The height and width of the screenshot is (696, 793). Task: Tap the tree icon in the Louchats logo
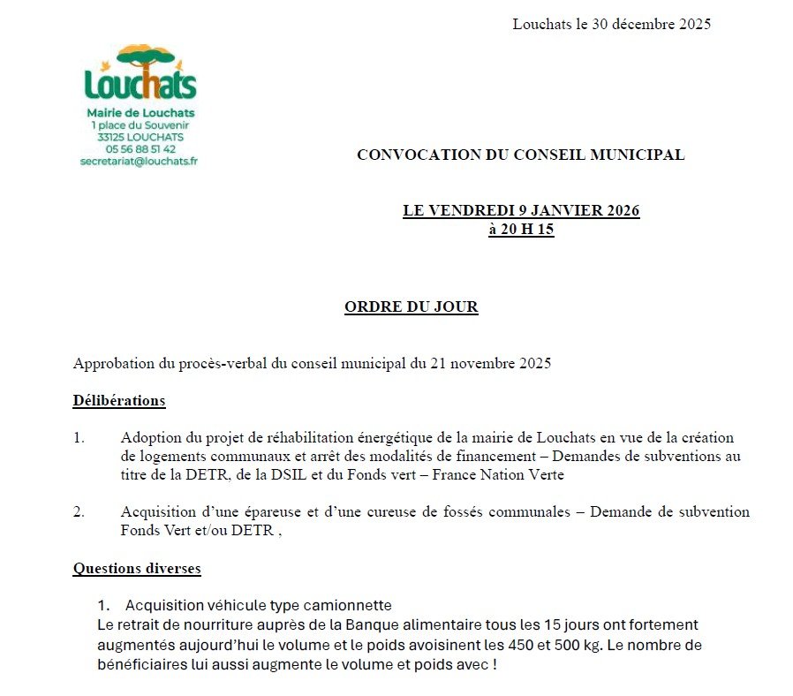(x=141, y=59)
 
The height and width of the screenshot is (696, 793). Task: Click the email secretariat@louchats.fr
(x=139, y=162)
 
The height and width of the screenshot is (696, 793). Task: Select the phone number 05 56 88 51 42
(x=140, y=149)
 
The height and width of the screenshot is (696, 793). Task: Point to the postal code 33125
(x=113, y=137)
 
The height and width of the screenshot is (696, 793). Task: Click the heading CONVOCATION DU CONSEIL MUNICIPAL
(x=520, y=155)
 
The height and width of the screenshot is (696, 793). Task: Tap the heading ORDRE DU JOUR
(x=411, y=307)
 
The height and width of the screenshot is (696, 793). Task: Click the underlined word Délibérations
(x=119, y=400)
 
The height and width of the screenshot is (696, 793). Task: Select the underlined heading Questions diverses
(x=137, y=568)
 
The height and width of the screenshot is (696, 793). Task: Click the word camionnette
(x=345, y=605)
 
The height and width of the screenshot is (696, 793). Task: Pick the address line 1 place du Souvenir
(x=140, y=125)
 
